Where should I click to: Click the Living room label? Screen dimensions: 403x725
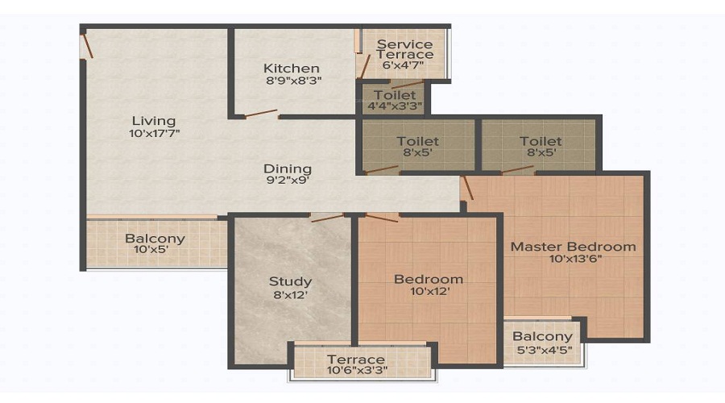[x=154, y=121]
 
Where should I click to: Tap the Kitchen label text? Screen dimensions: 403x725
[x=291, y=69]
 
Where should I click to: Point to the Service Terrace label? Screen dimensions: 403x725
[x=404, y=49]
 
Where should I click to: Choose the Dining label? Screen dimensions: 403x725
[x=288, y=168]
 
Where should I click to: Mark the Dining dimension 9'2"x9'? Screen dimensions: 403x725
[x=288, y=181]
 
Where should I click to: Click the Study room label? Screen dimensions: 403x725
[x=290, y=281]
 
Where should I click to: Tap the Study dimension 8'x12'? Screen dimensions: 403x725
[x=290, y=294]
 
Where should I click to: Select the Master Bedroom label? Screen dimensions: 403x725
[x=573, y=246]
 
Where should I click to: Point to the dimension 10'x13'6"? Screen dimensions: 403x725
[x=573, y=259]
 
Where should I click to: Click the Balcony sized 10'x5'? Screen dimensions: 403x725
[x=155, y=244]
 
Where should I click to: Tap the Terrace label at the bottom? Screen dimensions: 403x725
[x=355, y=359]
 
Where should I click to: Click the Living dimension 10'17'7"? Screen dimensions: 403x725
[x=154, y=134]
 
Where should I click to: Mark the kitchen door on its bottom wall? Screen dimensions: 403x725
[x=261, y=114]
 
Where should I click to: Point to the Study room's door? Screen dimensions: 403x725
[x=326, y=217]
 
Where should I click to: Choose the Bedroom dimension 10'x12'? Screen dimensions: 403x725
[x=428, y=292]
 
